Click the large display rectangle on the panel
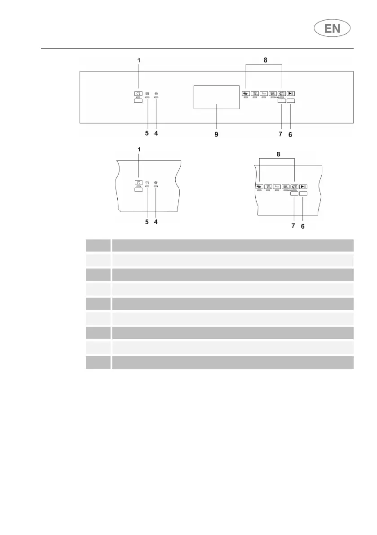tap(216, 97)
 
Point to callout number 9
tap(216, 134)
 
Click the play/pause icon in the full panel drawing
tap(291, 94)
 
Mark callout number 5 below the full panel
tap(146, 133)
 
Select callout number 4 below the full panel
tap(156, 133)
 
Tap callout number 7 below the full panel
tap(280, 134)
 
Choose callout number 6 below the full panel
tap(291, 134)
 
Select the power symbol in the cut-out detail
tap(138, 183)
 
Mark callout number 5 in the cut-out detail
tap(146, 221)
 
